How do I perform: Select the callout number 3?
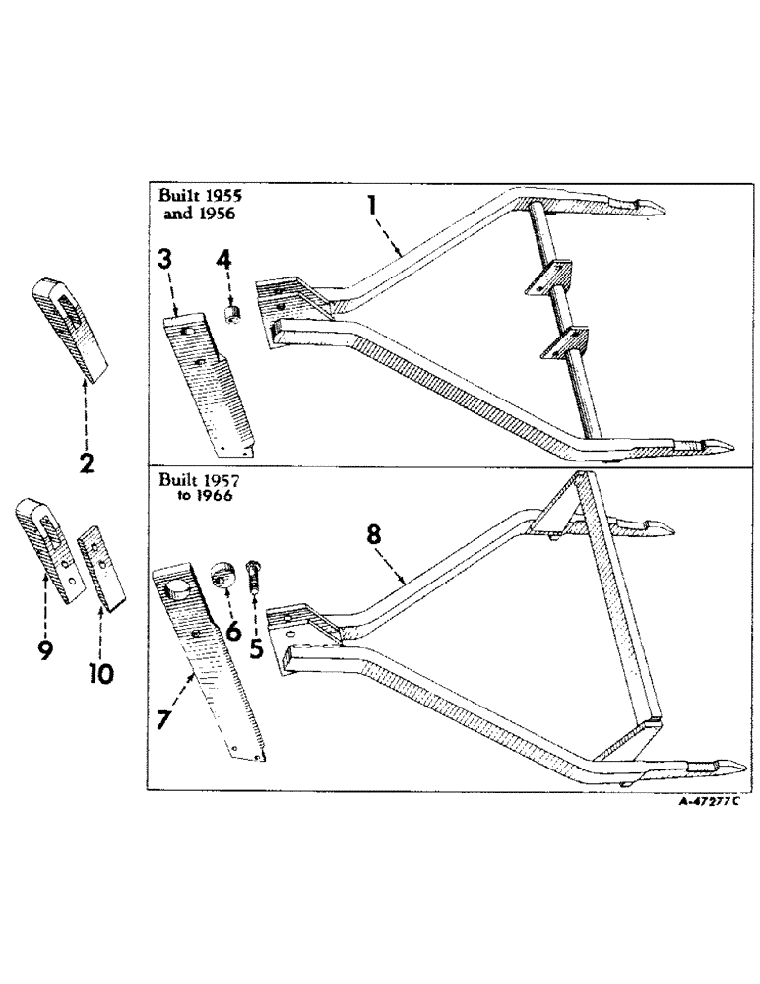coord(166,260)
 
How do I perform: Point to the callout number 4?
coord(223,262)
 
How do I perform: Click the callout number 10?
coord(99,673)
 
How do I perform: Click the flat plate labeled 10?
coord(100,568)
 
